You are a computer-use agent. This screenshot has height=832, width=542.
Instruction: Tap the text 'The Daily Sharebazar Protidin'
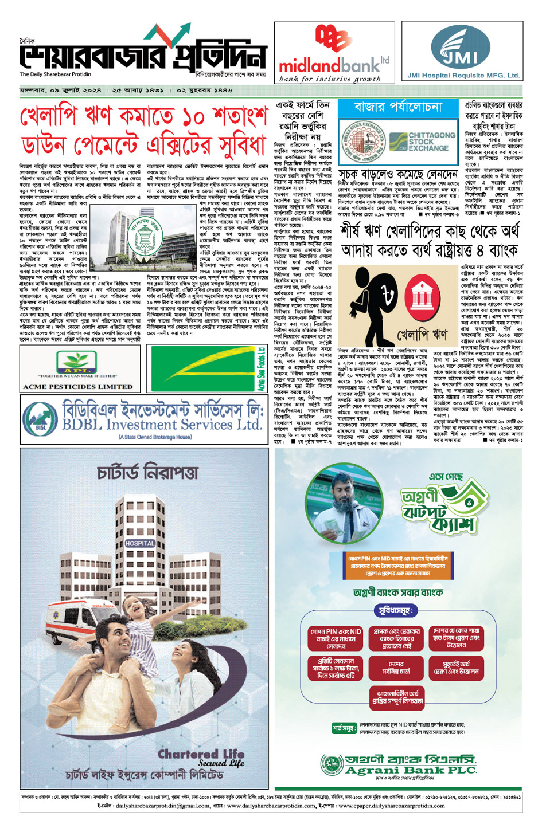click(55, 74)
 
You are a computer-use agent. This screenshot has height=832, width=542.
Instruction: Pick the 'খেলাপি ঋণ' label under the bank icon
click(422, 334)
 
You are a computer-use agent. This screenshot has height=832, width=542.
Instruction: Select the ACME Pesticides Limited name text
click(77, 387)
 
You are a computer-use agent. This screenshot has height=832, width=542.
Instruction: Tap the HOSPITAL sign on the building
click(140, 543)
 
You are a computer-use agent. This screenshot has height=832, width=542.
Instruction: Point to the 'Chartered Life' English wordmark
click(201, 754)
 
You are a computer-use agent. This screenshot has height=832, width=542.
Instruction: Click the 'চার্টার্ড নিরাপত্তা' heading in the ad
click(147, 472)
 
